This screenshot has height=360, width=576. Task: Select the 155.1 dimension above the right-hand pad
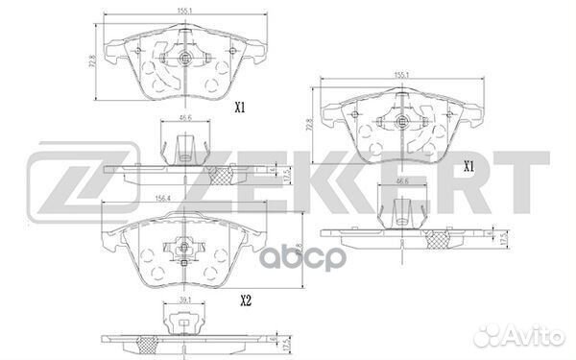point(400,74)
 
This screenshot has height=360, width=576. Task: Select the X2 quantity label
point(246,300)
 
